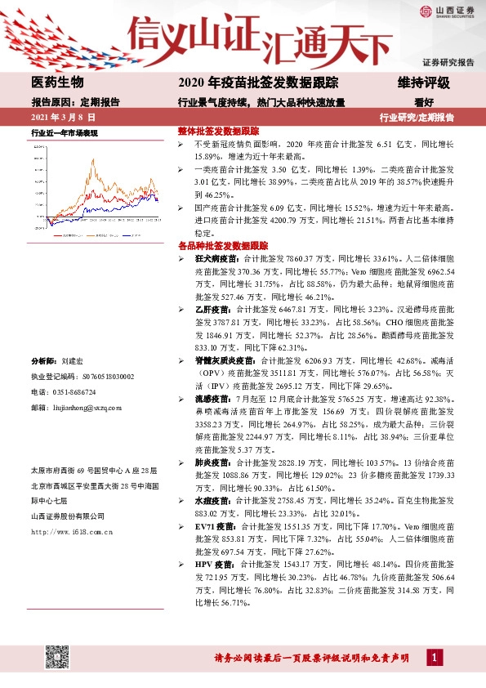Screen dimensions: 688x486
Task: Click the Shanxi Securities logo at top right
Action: point(446,11)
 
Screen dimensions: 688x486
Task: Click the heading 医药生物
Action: point(57,83)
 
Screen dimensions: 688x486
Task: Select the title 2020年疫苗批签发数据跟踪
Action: point(263,83)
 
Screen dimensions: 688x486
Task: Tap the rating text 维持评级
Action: point(423,83)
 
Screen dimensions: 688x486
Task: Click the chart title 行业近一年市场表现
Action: point(65,132)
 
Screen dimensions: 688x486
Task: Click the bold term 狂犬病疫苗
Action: point(213,258)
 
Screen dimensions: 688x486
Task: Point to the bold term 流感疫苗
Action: point(209,398)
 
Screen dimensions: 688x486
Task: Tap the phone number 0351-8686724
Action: point(74,391)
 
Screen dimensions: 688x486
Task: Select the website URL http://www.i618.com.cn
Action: point(72,532)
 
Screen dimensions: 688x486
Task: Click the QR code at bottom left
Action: point(56,656)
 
